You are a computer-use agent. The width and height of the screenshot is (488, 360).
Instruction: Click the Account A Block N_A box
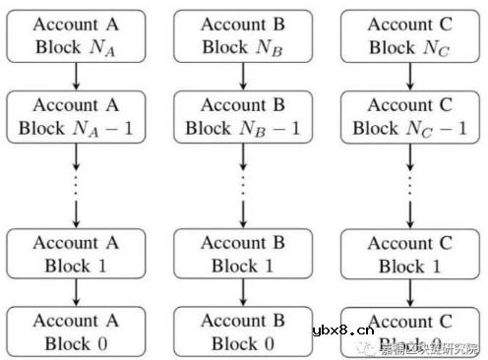pyautogui.click(x=74, y=37)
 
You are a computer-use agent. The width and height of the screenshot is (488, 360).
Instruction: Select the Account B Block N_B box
pyautogui.click(x=243, y=37)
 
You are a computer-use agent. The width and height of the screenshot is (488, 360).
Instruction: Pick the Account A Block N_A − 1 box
pyautogui.click(x=74, y=115)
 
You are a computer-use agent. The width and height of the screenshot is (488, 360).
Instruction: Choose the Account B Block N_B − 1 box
pyautogui.click(x=243, y=115)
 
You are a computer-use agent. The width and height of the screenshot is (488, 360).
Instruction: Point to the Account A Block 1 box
pyautogui.click(x=74, y=253)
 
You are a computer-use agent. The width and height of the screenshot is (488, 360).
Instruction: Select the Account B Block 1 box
pyautogui.click(x=243, y=254)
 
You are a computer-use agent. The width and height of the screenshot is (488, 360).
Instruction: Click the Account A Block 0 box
pyautogui.click(x=74, y=330)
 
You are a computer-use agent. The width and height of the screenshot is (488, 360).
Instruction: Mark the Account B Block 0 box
pyautogui.click(x=243, y=331)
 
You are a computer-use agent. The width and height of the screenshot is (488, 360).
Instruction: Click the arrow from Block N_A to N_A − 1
pyautogui.click(x=74, y=76)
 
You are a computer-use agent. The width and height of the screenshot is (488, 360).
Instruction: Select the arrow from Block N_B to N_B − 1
pyautogui.click(x=243, y=76)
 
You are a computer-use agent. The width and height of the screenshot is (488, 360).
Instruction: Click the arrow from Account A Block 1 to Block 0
pyautogui.click(x=74, y=292)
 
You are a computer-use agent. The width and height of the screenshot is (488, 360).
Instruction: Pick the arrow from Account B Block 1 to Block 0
pyautogui.click(x=243, y=292)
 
